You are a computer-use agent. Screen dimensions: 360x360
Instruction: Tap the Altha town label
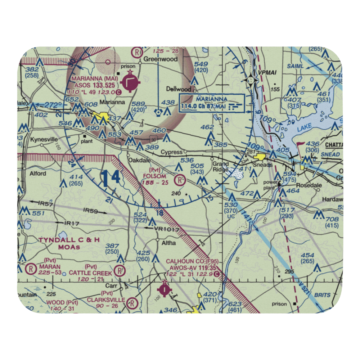[168, 243]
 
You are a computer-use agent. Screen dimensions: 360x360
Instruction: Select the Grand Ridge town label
[220, 167]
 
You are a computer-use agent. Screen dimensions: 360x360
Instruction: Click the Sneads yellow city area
[260, 157]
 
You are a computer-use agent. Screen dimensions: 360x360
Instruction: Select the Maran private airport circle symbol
[31, 268]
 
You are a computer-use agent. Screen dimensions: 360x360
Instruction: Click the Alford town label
[38, 173]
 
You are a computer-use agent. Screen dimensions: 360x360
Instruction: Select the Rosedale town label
[308, 185]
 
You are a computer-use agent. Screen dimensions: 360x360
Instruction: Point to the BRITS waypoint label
[322, 295]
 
